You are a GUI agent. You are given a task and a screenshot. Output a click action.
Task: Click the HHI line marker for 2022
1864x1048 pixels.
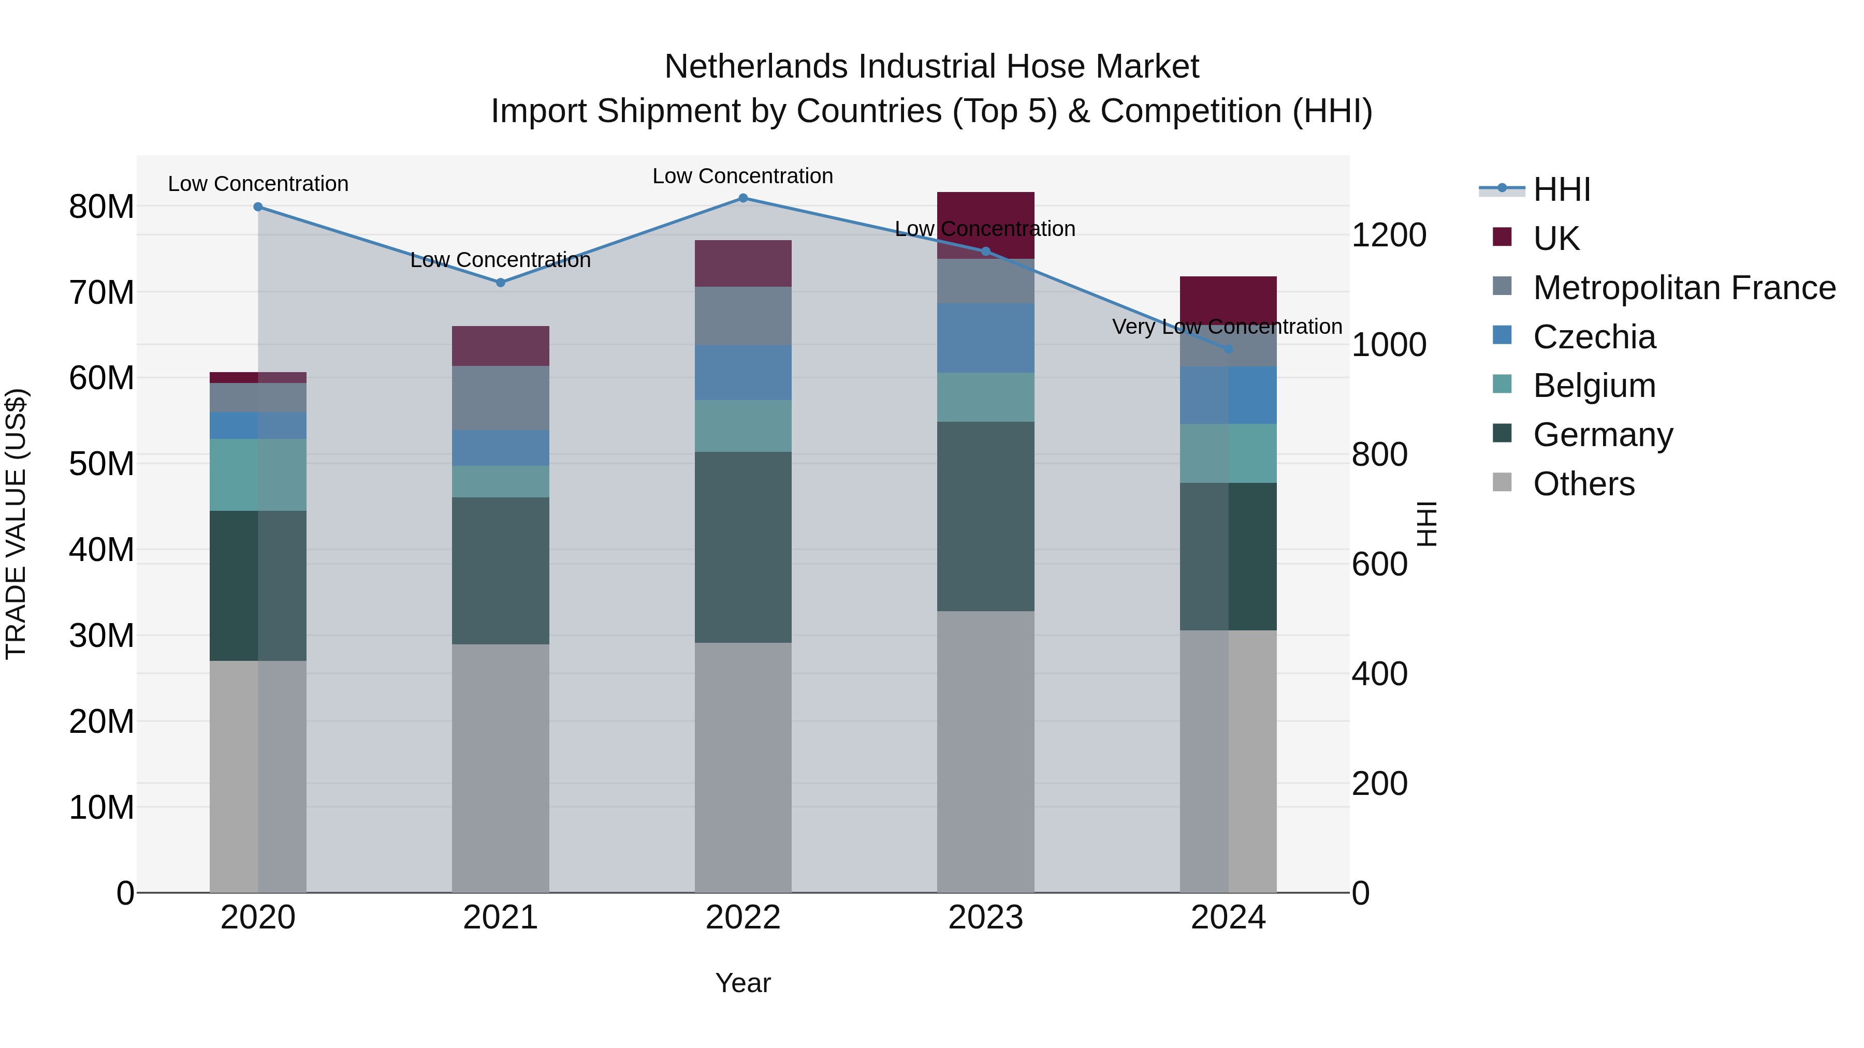(742, 198)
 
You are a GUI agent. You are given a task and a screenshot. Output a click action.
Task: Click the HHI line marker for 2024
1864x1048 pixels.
(1228, 349)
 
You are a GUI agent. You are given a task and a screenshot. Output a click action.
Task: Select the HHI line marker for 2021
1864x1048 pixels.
(500, 282)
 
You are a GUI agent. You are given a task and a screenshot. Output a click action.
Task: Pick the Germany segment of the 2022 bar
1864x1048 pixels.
(742, 547)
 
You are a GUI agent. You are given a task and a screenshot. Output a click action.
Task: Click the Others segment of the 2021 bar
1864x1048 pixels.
(500, 768)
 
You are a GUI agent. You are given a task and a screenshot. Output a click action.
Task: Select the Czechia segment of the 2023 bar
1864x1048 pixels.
(985, 338)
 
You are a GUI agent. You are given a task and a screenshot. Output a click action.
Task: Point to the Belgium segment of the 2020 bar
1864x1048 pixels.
(258, 475)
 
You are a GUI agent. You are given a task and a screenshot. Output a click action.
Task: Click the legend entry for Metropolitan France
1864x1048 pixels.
(1684, 288)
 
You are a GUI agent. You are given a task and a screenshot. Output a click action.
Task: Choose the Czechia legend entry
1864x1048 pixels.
(1594, 337)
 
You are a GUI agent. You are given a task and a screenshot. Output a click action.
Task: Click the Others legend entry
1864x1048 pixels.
(1583, 484)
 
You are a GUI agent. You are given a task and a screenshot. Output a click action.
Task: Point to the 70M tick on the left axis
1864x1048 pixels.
(101, 293)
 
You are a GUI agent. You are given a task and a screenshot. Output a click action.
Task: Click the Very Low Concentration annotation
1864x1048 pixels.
(1227, 327)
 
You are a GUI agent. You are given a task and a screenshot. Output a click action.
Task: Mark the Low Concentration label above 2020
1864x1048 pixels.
(258, 184)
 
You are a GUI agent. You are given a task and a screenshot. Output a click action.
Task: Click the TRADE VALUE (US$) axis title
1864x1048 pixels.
(16, 524)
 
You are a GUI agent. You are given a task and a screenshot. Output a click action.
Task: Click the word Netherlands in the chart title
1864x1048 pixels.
(756, 67)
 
